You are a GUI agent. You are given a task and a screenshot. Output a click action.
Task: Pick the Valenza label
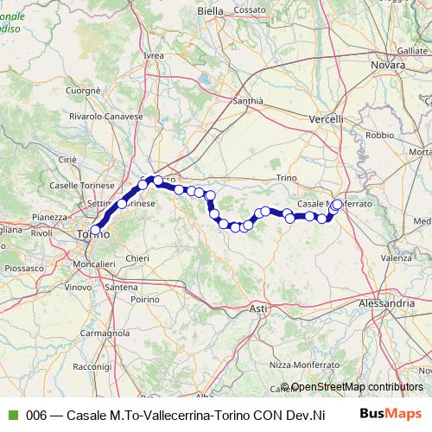(396, 257)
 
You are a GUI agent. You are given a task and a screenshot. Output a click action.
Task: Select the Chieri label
(137, 257)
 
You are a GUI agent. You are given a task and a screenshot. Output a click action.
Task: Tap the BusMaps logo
(391, 414)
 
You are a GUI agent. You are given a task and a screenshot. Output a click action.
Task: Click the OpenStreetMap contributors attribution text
(357, 387)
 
